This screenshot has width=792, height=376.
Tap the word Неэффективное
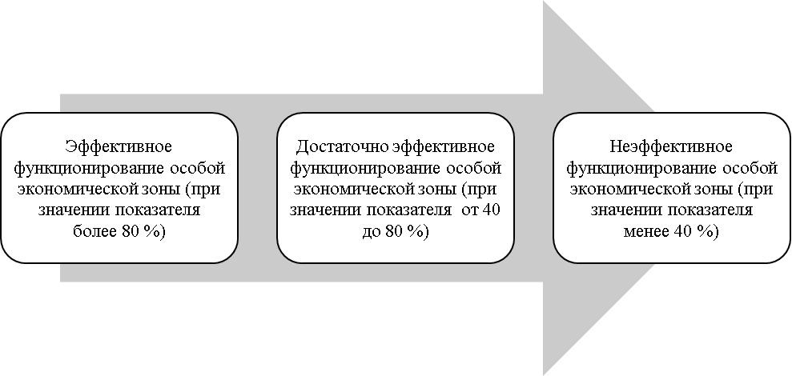671,147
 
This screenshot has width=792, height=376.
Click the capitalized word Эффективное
119,147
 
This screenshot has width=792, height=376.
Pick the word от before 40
469,210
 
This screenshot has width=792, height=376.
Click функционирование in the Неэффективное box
642,168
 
